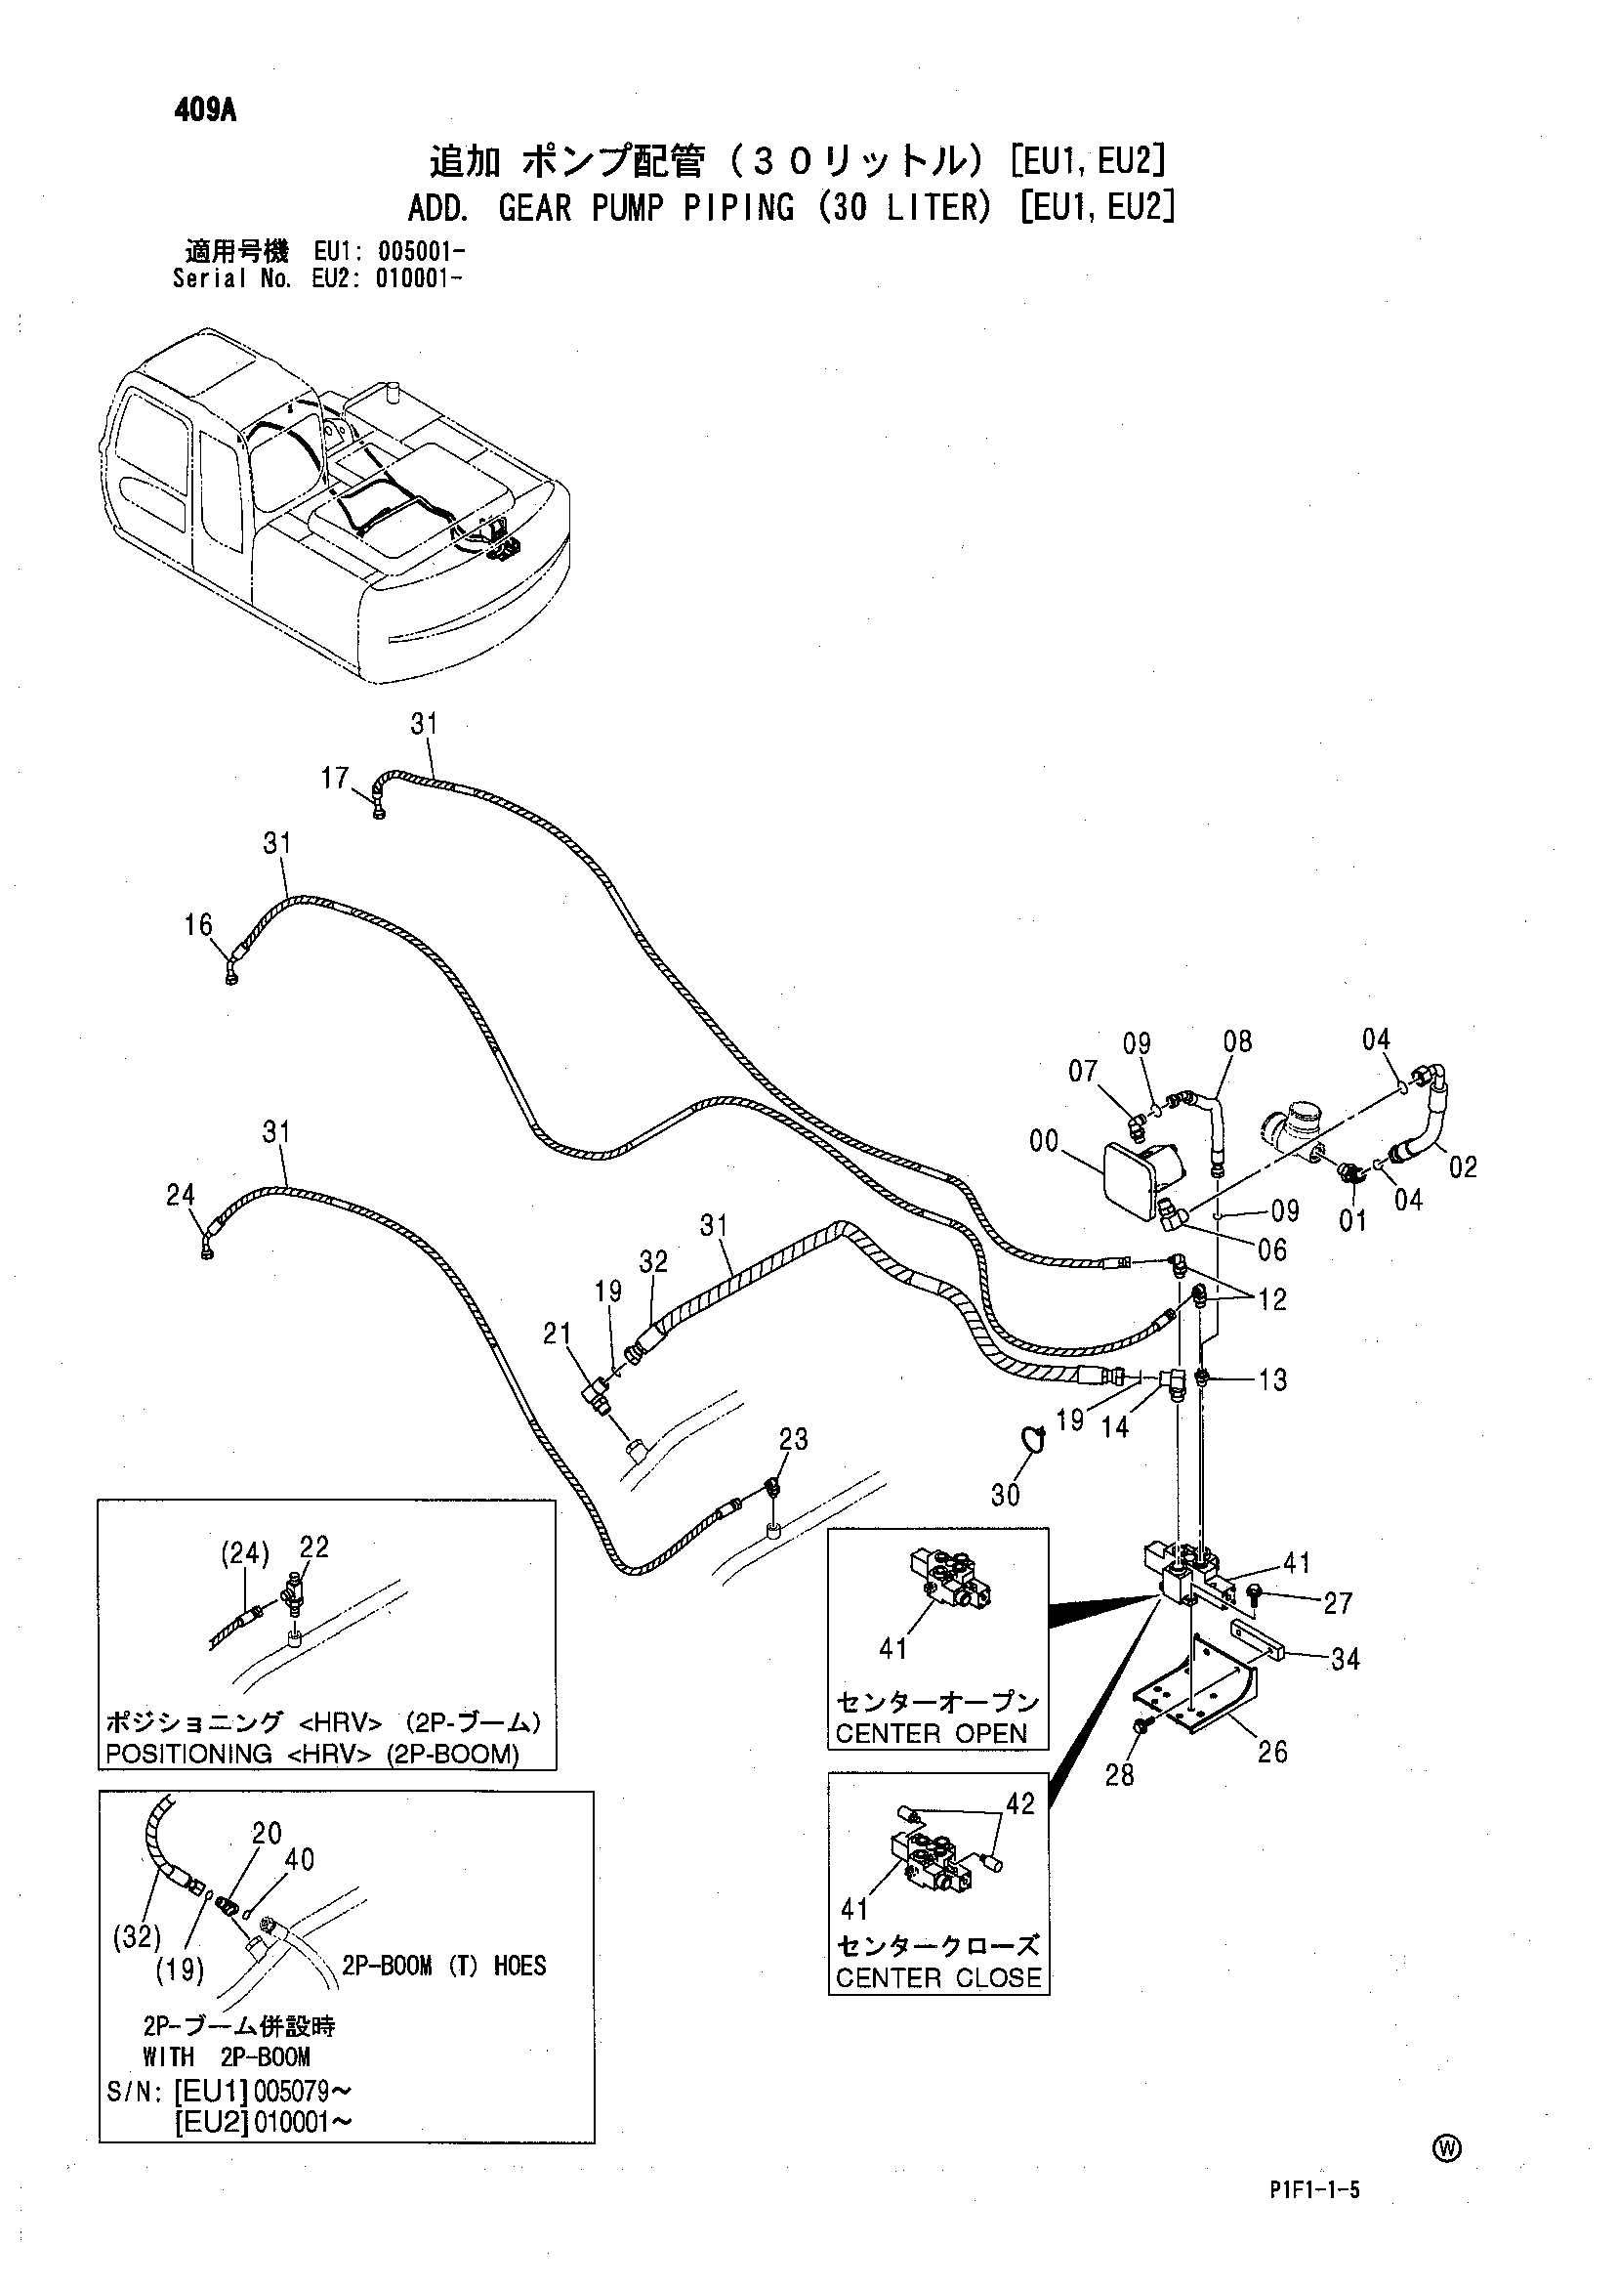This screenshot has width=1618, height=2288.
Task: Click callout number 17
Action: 335,778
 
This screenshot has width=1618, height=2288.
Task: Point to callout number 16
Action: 198,925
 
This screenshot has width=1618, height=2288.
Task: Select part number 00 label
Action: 1044,1141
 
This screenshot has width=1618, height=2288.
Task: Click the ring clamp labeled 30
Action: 1033,1437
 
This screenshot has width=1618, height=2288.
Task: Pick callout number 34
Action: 1345,1659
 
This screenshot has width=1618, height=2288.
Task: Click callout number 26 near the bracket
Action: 1272,1752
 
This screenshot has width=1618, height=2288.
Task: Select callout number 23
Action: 793,1439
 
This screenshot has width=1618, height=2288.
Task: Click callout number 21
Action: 558,1333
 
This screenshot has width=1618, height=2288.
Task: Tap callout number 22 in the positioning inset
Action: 313,1547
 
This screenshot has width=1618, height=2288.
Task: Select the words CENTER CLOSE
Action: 938,1978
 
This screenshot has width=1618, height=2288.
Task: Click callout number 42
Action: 1020,1803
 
